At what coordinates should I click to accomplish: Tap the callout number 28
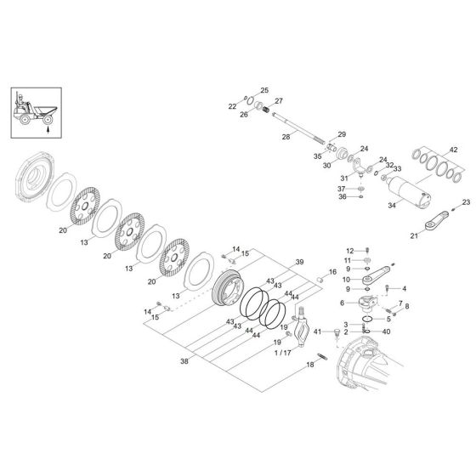pos(286,137)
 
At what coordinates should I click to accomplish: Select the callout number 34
pos(392,205)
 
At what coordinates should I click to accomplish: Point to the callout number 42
pos(454,150)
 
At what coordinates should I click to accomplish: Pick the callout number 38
pos(184,361)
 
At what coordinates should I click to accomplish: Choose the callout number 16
pos(334,274)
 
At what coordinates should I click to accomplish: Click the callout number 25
pos(264,90)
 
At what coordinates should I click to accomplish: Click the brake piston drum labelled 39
pos(230,290)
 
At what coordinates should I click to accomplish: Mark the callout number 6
pos(342,302)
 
